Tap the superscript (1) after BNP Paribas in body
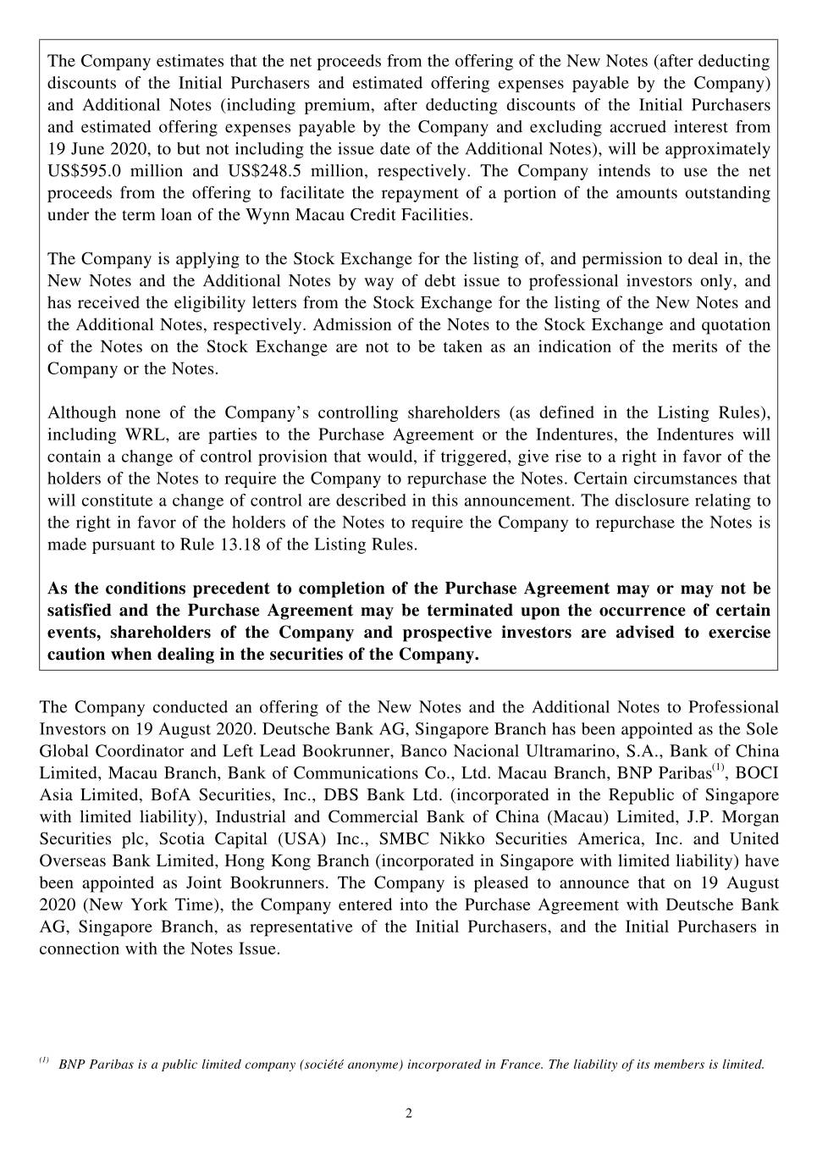718,768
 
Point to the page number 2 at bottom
408,1114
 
